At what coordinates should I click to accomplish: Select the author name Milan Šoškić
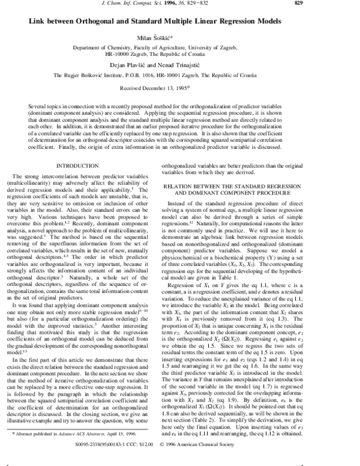181,37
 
